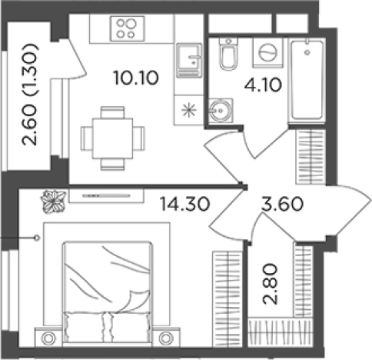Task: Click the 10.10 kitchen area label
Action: pyautogui.click(x=136, y=78)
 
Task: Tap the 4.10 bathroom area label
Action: pyautogui.click(x=263, y=85)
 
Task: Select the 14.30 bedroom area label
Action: pyautogui.click(x=184, y=204)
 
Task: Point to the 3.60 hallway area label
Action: pyautogui.click(x=282, y=205)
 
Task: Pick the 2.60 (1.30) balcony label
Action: pyautogui.click(x=30, y=95)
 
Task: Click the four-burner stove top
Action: pyautogui.click(x=128, y=28)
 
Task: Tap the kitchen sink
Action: pyautogui.click(x=189, y=61)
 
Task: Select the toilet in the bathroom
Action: pyautogui.click(x=228, y=54)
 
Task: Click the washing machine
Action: pyautogui.click(x=268, y=53)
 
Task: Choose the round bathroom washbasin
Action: pyautogui.click(x=221, y=111)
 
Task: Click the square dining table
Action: pyautogui.click(x=113, y=138)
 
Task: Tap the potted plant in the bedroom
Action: pyautogui.click(x=54, y=202)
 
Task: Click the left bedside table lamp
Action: pyautogui.click(x=48, y=338)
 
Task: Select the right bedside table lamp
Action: pyautogui.click(x=166, y=338)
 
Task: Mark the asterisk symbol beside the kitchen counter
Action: pyautogui.click(x=189, y=110)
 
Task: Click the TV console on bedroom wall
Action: pyautogui.click(x=106, y=195)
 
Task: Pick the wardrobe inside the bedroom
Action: pyautogui.click(x=228, y=299)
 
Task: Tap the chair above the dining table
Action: pyautogui.click(x=113, y=112)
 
